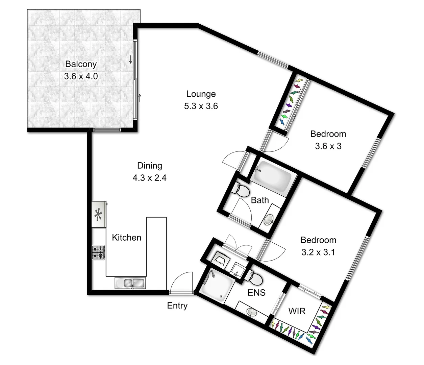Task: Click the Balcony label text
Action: pyautogui.click(x=81, y=64)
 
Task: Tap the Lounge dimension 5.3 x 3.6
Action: pyautogui.click(x=201, y=106)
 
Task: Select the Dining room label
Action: pyautogui.click(x=149, y=166)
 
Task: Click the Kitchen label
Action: pyautogui.click(x=126, y=238)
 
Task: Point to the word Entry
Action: pyautogui.click(x=177, y=306)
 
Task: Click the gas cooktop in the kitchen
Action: pyautogui.click(x=98, y=252)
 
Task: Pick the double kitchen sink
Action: pyautogui.click(x=130, y=283)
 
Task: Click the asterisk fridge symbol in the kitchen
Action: pyautogui.click(x=98, y=215)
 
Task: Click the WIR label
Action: pyautogui.click(x=297, y=311)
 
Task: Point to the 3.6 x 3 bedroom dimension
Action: pyautogui.click(x=328, y=146)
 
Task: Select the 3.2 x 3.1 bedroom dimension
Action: pyautogui.click(x=318, y=252)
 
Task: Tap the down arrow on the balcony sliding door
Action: pyautogui.click(x=130, y=60)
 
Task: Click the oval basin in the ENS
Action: pyautogui.click(x=251, y=312)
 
